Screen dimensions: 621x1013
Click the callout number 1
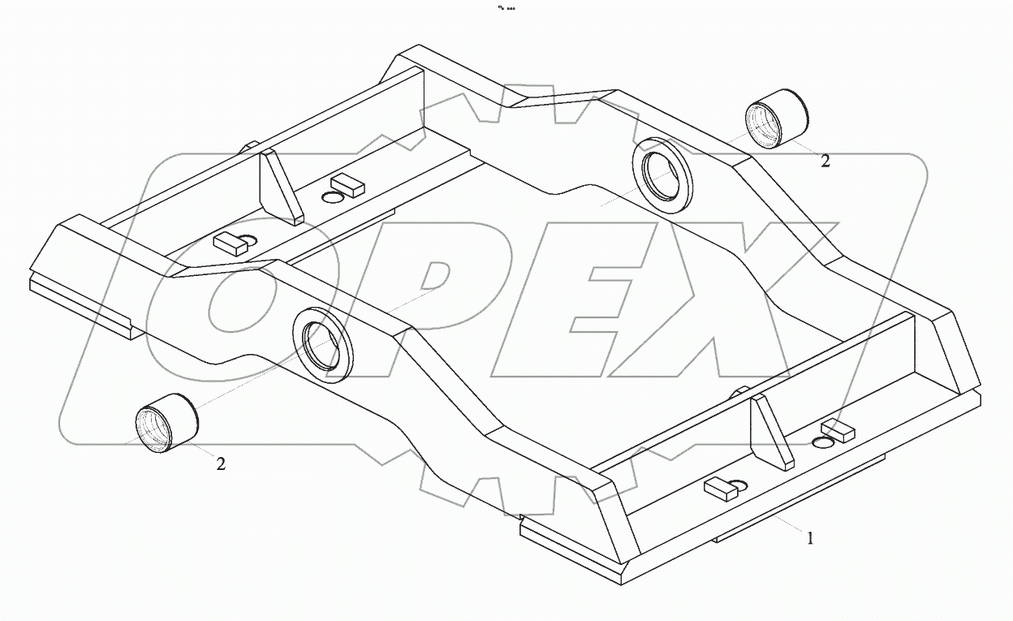[809, 537]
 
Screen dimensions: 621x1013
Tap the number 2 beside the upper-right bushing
[825, 161]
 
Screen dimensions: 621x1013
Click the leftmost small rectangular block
[229, 244]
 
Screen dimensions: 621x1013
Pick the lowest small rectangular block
[718, 489]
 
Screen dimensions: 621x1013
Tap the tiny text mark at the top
[506, 9]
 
